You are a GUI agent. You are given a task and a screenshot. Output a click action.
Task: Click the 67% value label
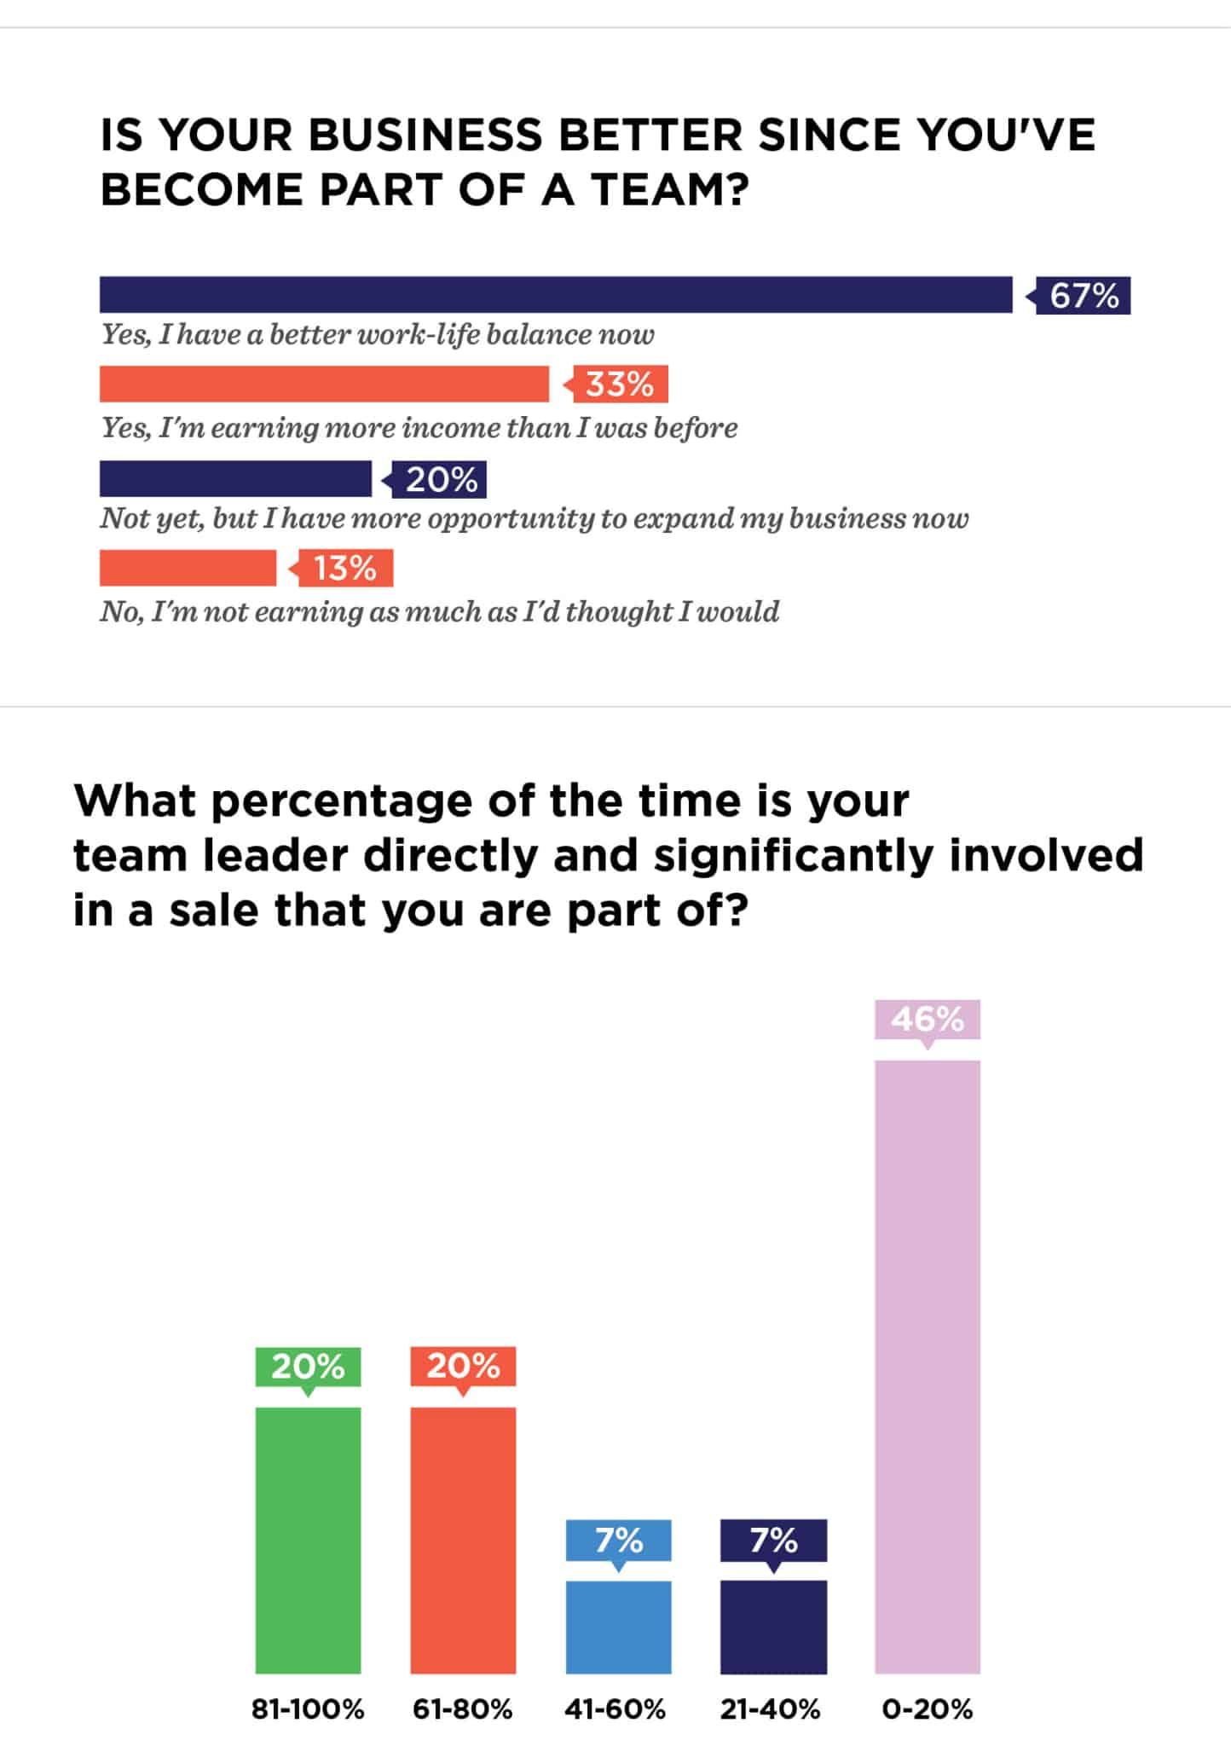pos(1083,296)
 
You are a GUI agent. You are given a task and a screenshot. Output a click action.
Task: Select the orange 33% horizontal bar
pos(324,384)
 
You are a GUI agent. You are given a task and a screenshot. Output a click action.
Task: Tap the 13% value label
pos(344,569)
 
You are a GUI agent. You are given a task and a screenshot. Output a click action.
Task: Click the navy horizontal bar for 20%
pos(235,478)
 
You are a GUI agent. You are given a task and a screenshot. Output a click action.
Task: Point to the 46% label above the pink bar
pos(928,1019)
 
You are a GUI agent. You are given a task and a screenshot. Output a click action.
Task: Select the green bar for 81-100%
pos(308,1540)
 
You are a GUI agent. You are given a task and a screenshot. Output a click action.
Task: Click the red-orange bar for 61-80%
pos(463,1540)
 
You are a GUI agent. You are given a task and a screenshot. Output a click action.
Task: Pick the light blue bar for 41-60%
pos(618,1627)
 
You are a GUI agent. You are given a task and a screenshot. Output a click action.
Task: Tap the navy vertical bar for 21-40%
pos(773,1627)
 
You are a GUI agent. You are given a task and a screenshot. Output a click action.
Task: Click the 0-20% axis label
pos(928,1708)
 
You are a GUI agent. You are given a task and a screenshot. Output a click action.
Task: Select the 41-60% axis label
pos(615,1708)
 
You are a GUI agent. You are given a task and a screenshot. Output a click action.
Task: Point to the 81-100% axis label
pos(308,1708)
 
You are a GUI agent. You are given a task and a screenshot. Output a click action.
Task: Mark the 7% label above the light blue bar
pos(618,1540)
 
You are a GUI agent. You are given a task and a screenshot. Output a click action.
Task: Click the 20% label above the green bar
pos(308,1366)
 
